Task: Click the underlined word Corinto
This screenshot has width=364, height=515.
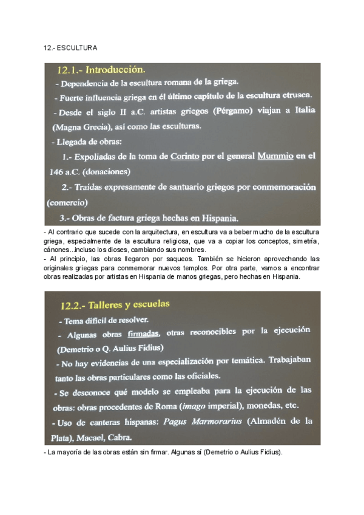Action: pyautogui.click(x=184, y=156)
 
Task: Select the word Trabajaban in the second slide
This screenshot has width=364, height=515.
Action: pyautogui.click(x=289, y=360)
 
